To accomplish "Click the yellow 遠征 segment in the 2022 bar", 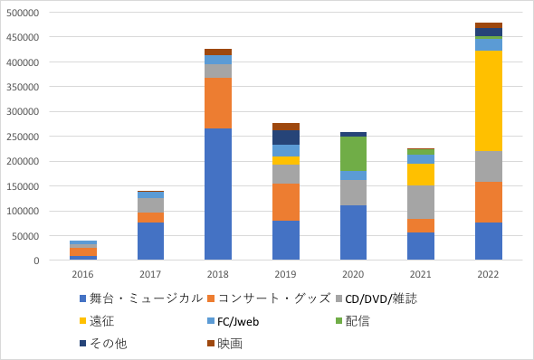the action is (x=489, y=100).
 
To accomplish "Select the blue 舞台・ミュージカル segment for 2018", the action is (x=218, y=194).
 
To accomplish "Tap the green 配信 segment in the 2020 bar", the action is (x=353, y=154).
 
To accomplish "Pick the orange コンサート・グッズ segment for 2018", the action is (x=218, y=103).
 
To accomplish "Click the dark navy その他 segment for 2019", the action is (x=286, y=137).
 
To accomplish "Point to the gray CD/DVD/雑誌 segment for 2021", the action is (x=421, y=202).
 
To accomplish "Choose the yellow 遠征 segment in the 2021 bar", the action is (x=421, y=175).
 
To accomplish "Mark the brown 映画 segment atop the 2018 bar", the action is (x=218, y=52).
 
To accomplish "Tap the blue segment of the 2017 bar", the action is (x=150, y=242).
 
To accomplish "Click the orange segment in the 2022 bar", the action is (x=489, y=202).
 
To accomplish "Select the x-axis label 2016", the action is (x=82, y=274).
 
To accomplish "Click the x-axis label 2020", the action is (x=353, y=274).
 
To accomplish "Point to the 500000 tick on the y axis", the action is (x=23, y=13).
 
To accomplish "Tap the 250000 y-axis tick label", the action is (x=23, y=137).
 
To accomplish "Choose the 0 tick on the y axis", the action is (x=36, y=261).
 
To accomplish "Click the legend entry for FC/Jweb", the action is (x=234, y=321).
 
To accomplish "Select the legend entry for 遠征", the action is (x=97, y=321).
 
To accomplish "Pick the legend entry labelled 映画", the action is (x=224, y=344).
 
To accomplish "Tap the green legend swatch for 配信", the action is (x=339, y=320).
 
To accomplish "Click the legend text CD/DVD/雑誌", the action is (x=381, y=298).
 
